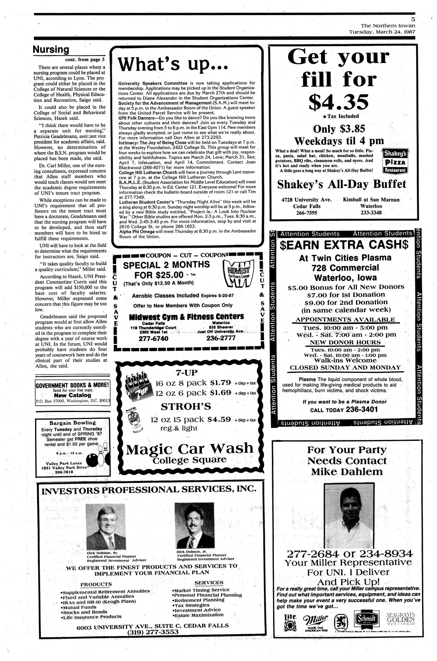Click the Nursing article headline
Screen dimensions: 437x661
[51, 50]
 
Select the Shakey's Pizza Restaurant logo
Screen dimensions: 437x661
[396, 161]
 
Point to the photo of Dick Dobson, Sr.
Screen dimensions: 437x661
[105, 527]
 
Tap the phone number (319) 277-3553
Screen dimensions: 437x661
[152, 632]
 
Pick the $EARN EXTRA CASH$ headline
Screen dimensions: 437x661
[344, 245]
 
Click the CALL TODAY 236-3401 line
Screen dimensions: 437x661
[344, 410]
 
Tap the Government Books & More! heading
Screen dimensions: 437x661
[72, 386]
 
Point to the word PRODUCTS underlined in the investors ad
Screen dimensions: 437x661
[96, 584]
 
